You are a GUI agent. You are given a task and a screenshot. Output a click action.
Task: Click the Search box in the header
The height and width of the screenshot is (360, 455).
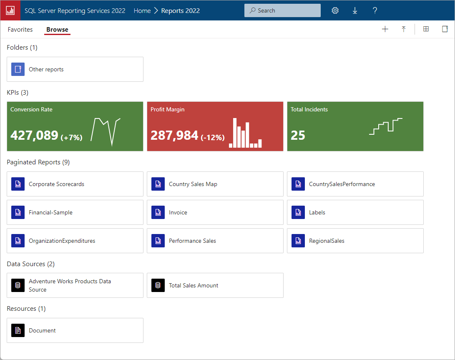pyautogui.click(x=282, y=10)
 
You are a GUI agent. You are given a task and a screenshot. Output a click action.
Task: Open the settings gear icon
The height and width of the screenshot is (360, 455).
pyautogui.click(x=335, y=10)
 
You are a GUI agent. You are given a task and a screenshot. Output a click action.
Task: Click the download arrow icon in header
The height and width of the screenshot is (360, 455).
pyautogui.click(x=355, y=10)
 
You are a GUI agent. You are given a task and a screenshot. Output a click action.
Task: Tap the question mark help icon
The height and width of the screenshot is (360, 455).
pyautogui.click(x=375, y=10)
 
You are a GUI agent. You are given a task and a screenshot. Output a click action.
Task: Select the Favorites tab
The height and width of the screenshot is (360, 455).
pyautogui.click(x=20, y=30)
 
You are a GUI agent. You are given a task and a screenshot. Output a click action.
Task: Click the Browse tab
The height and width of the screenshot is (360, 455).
pyautogui.click(x=57, y=30)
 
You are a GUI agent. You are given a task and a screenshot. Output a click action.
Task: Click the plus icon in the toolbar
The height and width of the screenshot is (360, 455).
pyautogui.click(x=385, y=29)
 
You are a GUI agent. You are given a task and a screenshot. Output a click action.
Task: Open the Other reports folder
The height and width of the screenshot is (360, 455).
pyautogui.click(x=46, y=69)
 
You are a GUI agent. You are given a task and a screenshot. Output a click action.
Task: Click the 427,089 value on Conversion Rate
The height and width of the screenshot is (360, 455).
pyautogui.click(x=34, y=135)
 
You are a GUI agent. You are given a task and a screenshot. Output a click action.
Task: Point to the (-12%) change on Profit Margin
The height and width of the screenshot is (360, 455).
pyautogui.click(x=213, y=137)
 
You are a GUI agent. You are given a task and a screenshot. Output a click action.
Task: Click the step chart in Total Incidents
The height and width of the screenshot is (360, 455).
pyautogui.click(x=386, y=126)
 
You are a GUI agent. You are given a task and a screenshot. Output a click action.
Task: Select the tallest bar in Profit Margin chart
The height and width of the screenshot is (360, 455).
pyautogui.click(x=235, y=133)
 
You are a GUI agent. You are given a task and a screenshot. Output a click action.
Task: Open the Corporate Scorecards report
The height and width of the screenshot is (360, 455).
pyautogui.click(x=56, y=184)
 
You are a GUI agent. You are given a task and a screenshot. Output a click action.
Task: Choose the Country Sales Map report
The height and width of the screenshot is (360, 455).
pyautogui.click(x=193, y=184)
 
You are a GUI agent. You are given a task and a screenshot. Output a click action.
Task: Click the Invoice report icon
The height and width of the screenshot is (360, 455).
pyautogui.click(x=158, y=212)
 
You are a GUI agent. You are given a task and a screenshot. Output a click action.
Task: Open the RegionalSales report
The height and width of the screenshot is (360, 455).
pyautogui.click(x=327, y=241)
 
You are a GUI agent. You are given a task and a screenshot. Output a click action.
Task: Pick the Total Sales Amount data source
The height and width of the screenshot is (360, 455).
pyautogui.click(x=194, y=285)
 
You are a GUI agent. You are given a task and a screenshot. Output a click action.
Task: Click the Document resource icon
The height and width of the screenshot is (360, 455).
pyautogui.click(x=18, y=330)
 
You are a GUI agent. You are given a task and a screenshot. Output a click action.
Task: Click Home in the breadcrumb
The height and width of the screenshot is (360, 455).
pyautogui.click(x=142, y=11)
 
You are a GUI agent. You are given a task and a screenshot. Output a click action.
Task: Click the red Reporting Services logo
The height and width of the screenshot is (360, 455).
pyautogui.click(x=10, y=10)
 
